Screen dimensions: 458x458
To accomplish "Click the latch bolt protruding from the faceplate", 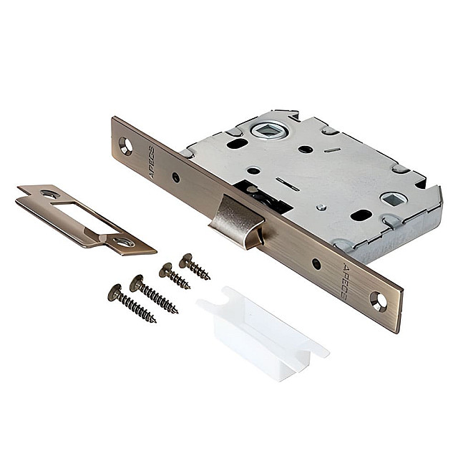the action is (x=237, y=223).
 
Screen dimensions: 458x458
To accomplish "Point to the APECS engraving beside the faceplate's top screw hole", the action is (x=152, y=162).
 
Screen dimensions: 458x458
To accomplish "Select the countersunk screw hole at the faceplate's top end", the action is (x=126, y=146).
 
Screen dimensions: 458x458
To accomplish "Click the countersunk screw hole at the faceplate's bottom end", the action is (x=379, y=301).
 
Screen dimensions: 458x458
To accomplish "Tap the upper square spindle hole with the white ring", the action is (x=269, y=131).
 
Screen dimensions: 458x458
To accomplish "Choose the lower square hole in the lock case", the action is (x=394, y=199).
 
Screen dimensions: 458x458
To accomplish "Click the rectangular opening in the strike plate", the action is (x=84, y=216).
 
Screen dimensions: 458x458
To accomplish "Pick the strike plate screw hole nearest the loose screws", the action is (x=124, y=242).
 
